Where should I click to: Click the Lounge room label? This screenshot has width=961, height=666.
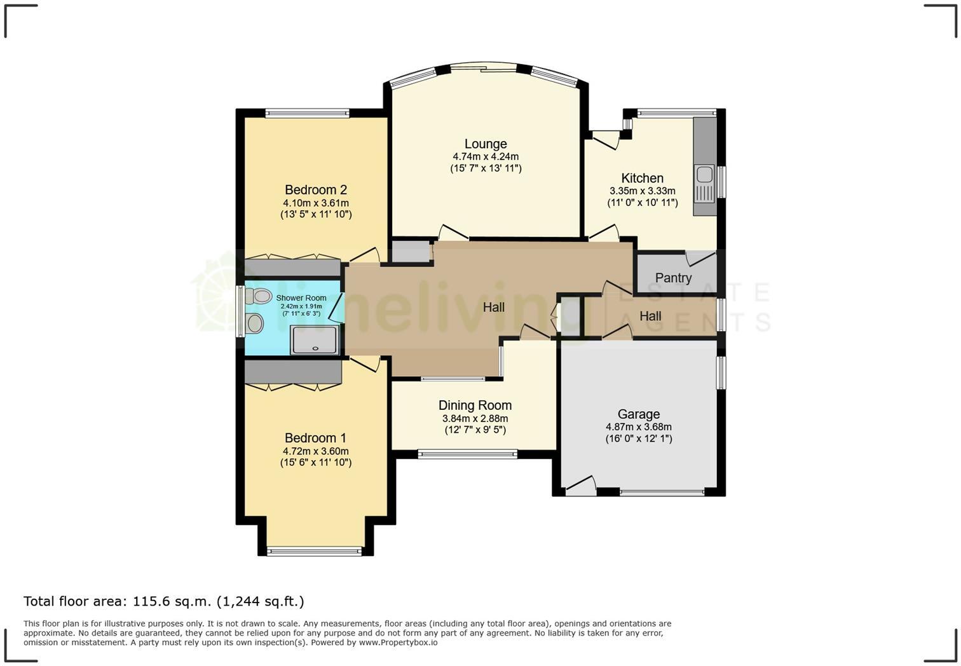pyautogui.click(x=486, y=144)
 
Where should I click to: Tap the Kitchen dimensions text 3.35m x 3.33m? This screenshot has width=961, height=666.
pyautogui.click(x=642, y=191)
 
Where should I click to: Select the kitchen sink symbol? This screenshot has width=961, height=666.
pyautogui.click(x=705, y=183)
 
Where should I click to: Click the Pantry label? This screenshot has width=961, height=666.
pyautogui.click(x=673, y=278)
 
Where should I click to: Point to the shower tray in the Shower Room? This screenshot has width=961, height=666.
pyautogui.click(x=315, y=339)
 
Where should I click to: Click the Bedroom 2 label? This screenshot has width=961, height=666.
pyautogui.click(x=316, y=190)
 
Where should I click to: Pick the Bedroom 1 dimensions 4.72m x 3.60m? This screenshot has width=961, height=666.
pyautogui.click(x=316, y=451)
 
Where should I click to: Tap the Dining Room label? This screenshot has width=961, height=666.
pyautogui.click(x=475, y=405)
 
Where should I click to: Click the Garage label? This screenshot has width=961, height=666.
pyautogui.click(x=638, y=414)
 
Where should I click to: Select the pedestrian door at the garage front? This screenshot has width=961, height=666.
pyautogui.click(x=580, y=487)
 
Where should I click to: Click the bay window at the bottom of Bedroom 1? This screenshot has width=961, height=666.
pyautogui.click(x=315, y=551)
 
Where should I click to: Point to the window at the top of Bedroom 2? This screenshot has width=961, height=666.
pyautogui.click(x=307, y=114)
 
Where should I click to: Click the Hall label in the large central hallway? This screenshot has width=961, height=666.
pyautogui.click(x=494, y=308)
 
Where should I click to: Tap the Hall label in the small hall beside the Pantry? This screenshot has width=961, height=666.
pyautogui.click(x=650, y=316)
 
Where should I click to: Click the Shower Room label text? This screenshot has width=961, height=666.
pyautogui.click(x=301, y=298)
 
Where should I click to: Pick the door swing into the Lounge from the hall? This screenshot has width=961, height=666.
pyautogui.click(x=453, y=233)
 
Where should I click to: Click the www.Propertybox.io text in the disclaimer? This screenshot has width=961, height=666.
pyautogui.click(x=398, y=642)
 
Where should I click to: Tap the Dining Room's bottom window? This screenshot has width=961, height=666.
pyautogui.click(x=467, y=454)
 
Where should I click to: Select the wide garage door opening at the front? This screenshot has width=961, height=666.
pyautogui.click(x=662, y=492)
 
